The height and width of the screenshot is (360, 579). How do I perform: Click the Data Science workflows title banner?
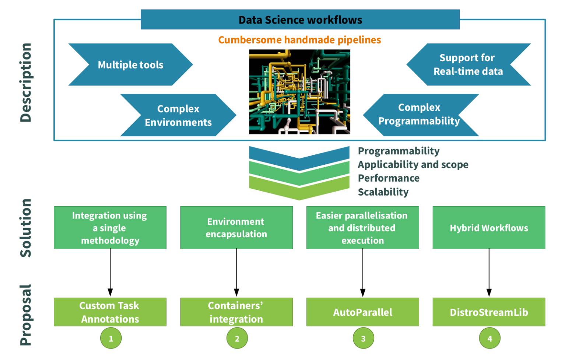tap(300, 20)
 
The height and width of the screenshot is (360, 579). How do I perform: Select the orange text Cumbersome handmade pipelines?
tap(299, 40)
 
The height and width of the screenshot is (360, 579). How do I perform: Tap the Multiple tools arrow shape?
tap(130, 65)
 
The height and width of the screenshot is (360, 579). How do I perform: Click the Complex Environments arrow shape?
tap(178, 115)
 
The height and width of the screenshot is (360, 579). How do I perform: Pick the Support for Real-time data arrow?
tap(468, 64)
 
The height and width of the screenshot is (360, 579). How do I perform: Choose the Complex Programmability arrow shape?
tap(419, 115)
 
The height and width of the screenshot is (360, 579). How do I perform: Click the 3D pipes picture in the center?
tap(299, 92)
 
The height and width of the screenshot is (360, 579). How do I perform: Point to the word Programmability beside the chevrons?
tap(399, 151)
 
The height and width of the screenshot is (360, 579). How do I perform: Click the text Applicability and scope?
tap(413, 165)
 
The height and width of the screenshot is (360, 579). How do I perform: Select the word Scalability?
tap(383, 192)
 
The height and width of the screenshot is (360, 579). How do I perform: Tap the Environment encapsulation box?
tap(236, 228)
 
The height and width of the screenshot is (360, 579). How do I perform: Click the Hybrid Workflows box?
tap(489, 228)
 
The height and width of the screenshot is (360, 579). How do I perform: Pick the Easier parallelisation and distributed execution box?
tap(362, 228)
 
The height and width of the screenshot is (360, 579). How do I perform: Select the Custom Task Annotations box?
tap(110, 312)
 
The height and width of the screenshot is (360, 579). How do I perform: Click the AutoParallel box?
tap(362, 312)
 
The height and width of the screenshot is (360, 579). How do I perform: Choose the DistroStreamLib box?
tap(489, 312)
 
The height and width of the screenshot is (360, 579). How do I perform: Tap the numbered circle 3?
tap(363, 338)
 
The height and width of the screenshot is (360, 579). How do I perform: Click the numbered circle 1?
tap(111, 338)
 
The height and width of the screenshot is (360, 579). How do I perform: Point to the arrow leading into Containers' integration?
tap(236, 273)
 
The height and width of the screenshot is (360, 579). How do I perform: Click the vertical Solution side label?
tap(26, 228)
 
